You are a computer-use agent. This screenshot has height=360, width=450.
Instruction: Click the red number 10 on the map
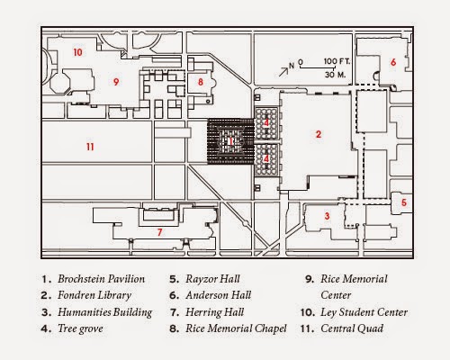[x=78, y=52]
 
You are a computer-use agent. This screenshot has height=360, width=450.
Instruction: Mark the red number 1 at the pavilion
[x=231, y=141]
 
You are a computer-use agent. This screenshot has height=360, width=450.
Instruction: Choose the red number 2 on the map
[x=318, y=134]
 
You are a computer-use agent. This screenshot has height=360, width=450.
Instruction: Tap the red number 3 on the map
[x=328, y=216]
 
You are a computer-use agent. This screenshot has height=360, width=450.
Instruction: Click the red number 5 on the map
[x=404, y=202]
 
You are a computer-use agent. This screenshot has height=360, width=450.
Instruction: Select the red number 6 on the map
[x=393, y=61]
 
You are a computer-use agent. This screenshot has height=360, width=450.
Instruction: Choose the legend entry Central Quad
[x=355, y=328]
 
